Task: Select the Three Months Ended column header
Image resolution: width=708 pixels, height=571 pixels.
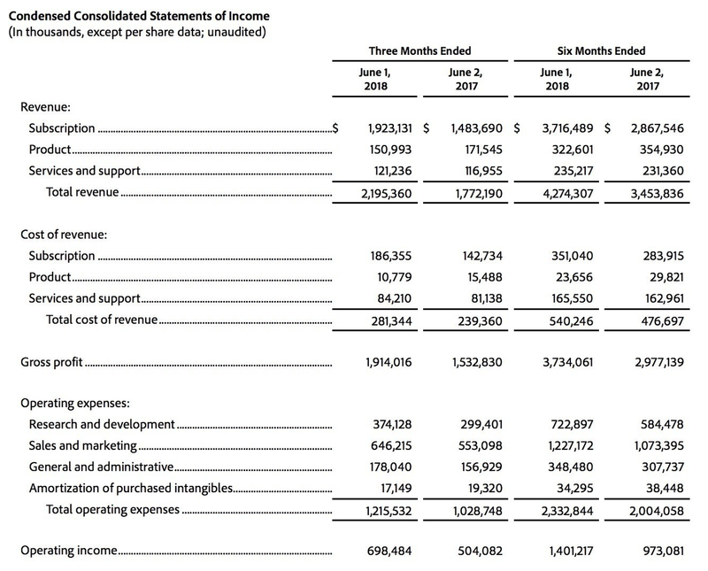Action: click(419, 50)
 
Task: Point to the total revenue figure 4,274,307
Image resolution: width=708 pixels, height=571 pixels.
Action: click(563, 193)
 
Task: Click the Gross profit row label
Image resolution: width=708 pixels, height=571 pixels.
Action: click(51, 362)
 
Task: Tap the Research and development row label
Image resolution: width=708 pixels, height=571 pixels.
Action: click(102, 424)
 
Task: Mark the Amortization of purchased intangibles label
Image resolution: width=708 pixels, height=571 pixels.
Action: click(130, 488)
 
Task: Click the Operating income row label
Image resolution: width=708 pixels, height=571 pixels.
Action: click(68, 550)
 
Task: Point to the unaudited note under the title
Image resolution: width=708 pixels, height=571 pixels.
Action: click(138, 33)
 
